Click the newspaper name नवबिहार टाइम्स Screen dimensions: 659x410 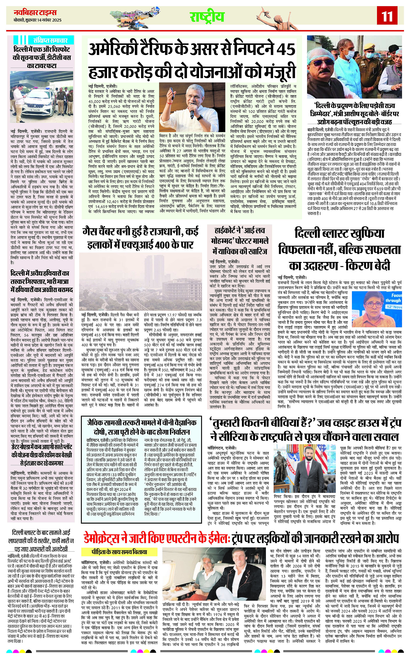pos(35,13)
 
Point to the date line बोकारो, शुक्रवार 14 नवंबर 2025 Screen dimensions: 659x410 pos(38,20)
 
